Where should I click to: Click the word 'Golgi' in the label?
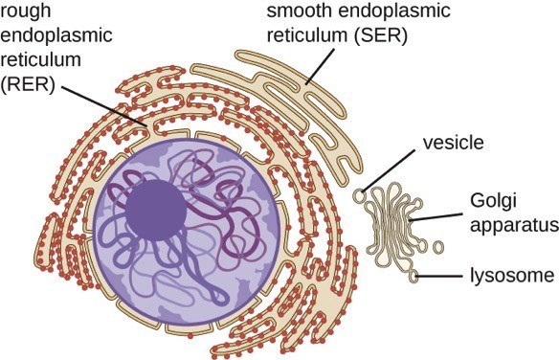494,201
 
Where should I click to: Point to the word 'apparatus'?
513,227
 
